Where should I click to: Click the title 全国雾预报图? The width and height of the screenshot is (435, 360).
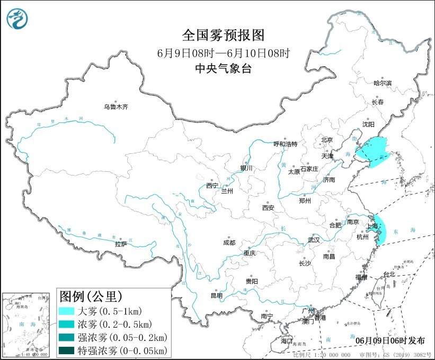pos(223,36)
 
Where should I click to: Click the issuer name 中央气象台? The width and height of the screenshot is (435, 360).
pos(223,68)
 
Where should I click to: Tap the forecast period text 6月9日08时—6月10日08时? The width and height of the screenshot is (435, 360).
pos(223,52)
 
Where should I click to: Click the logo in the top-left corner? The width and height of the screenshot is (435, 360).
pos(17,19)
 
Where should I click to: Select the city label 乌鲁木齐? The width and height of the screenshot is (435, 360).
pos(116,107)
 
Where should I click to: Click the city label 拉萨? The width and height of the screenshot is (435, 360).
pos(121,244)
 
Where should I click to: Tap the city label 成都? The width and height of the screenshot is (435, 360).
pos(229,243)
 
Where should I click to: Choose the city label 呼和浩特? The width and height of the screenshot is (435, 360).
pos(286,144)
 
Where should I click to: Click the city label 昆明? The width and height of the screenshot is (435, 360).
pos(217,295)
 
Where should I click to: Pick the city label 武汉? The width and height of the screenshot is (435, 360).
pos(314,240)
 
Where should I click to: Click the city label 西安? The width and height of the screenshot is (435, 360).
pos(268,208)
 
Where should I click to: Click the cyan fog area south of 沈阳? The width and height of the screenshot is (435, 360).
pos(372,150)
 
